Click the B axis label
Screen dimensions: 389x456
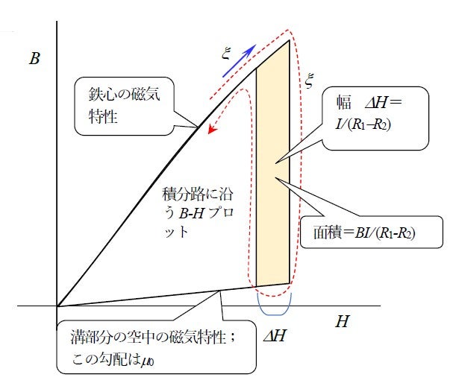point(34,59)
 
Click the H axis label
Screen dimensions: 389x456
point(341,322)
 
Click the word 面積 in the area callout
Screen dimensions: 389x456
point(329,233)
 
